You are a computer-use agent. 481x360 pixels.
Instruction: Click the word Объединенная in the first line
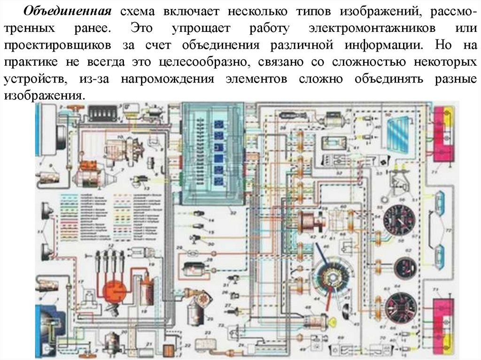point(67,11)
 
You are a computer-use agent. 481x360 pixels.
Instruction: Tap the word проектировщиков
point(58,46)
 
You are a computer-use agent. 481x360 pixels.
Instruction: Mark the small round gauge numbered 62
point(405,268)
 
